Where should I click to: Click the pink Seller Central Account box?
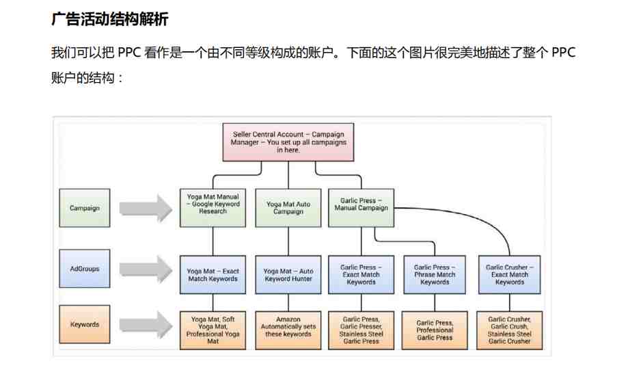pyautogui.click(x=288, y=142)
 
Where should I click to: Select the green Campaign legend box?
pyautogui.click(x=85, y=208)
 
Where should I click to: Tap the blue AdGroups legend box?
pyautogui.click(x=85, y=269)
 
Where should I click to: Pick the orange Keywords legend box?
pyautogui.click(x=85, y=324)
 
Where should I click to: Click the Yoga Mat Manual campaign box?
pyautogui.click(x=213, y=208)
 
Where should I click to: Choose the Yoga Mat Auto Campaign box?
pyautogui.click(x=288, y=208)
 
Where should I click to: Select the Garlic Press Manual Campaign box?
pyautogui.click(x=361, y=208)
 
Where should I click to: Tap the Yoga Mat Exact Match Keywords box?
pyautogui.click(x=213, y=275)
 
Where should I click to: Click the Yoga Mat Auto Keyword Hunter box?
pyautogui.click(x=288, y=275)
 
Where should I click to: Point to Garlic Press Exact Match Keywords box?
pyautogui.click(x=361, y=275)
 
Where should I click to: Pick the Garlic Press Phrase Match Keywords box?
pyautogui.click(x=435, y=275)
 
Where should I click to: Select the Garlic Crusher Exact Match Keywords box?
pyautogui.click(x=510, y=275)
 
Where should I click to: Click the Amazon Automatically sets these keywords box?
pyautogui.click(x=288, y=330)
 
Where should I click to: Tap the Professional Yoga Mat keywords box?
pyautogui.click(x=213, y=330)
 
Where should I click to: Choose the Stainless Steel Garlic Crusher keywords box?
pyautogui.click(x=510, y=330)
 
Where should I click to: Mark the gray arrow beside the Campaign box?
pyautogui.click(x=146, y=209)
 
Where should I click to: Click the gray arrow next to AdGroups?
pyautogui.click(x=146, y=269)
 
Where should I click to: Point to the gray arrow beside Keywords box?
pyautogui.click(x=146, y=325)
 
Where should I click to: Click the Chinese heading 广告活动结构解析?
pyautogui.click(x=110, y=19)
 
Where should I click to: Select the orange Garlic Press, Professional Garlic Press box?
pyautogui.click(x=435, y=330)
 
